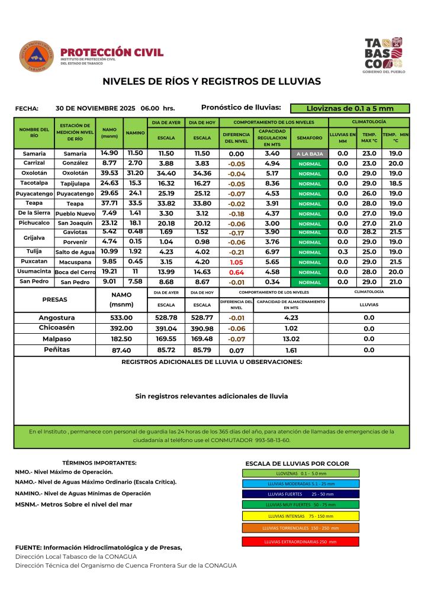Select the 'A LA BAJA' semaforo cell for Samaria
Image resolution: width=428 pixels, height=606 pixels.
(310, 154)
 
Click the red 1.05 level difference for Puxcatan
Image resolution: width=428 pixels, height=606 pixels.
(237, 262)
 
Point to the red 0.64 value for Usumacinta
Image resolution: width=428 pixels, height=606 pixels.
(237, 272)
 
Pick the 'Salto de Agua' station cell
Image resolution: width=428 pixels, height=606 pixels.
(75, 252)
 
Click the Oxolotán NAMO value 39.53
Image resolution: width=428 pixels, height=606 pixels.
(110, 173)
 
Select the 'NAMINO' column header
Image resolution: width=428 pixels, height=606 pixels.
(136, 133)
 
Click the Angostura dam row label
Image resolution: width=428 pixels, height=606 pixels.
(57, 318)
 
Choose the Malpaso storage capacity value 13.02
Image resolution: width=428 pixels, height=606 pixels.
(291, 339)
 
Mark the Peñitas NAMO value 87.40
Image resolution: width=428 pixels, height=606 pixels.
(121, 350)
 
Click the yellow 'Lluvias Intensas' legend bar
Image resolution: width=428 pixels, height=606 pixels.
(301, 515)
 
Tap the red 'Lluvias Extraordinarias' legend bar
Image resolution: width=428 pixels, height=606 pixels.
(301, 541)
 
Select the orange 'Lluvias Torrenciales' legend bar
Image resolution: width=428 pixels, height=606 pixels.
(301, 528)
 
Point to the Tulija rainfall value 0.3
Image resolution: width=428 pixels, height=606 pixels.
(343, 252)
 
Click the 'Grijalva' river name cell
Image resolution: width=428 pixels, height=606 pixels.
(34, 237)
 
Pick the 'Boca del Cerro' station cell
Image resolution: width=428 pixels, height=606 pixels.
(75, 272)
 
